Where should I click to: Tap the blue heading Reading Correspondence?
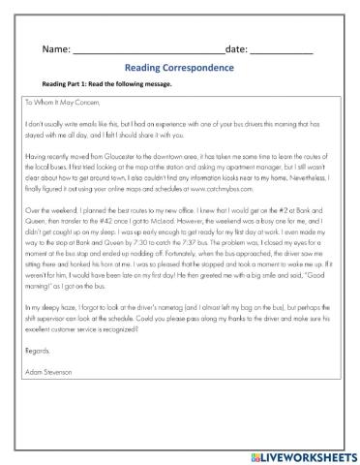pos(179,68)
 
